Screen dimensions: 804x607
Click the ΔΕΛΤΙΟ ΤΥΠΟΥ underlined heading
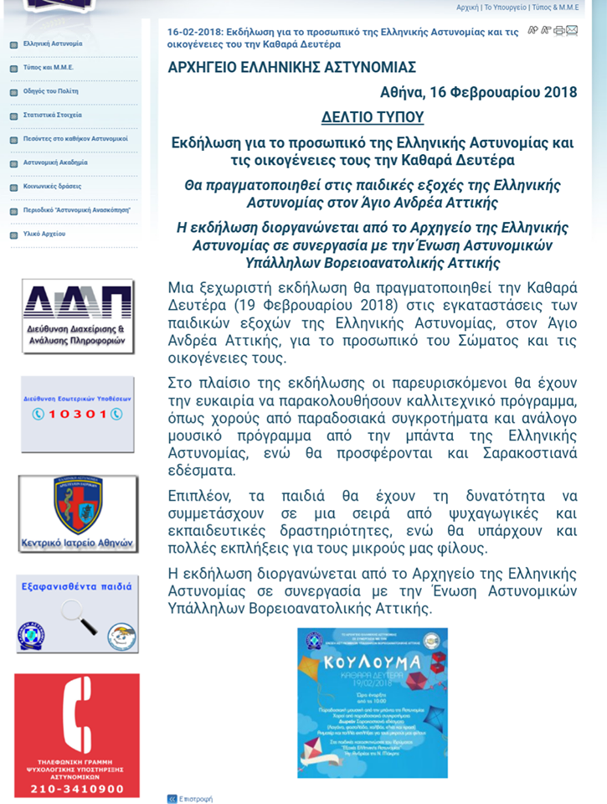(373, 117)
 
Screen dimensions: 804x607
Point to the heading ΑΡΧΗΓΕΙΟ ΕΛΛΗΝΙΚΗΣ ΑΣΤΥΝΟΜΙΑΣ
(292, 68)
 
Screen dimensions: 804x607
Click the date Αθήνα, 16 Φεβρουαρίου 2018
(479, 92)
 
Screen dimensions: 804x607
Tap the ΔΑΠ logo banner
(78, 317)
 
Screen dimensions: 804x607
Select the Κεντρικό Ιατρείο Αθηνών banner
(78, 513)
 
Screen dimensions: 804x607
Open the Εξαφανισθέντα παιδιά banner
(77, 613)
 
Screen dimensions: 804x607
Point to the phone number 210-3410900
(77, 789)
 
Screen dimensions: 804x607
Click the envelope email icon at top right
(573, 30)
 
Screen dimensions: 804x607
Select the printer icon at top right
(559, 30)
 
